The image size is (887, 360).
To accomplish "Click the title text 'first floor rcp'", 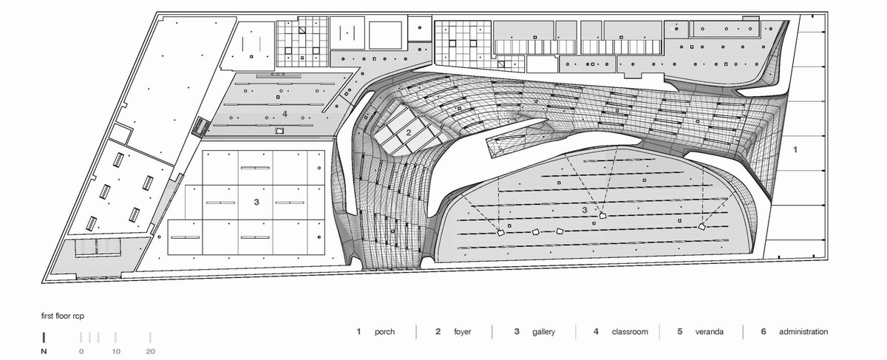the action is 63,316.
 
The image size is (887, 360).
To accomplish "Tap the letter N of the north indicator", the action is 44,351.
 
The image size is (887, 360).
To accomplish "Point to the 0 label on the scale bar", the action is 81,351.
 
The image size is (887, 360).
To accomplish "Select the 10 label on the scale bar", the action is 115,351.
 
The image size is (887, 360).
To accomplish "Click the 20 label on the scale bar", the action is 151,351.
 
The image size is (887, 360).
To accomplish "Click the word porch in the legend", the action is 384,332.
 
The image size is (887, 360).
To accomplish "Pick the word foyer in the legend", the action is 463,332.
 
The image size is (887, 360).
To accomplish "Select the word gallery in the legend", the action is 543,332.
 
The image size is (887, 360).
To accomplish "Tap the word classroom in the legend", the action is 630,331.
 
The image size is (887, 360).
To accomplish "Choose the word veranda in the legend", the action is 709,331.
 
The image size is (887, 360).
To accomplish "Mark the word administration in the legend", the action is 803,331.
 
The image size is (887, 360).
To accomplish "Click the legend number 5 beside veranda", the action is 679,331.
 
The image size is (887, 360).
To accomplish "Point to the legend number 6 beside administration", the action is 763,331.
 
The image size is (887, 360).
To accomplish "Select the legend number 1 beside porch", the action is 358,331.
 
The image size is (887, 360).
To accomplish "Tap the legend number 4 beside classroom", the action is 596,331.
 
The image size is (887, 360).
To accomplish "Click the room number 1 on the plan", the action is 795,149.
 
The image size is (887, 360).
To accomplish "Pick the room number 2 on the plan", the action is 409,133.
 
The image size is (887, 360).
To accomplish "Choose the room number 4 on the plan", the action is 285,114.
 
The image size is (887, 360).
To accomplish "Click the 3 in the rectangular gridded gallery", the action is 256,202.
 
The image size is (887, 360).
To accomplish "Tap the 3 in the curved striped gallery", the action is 585,210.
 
